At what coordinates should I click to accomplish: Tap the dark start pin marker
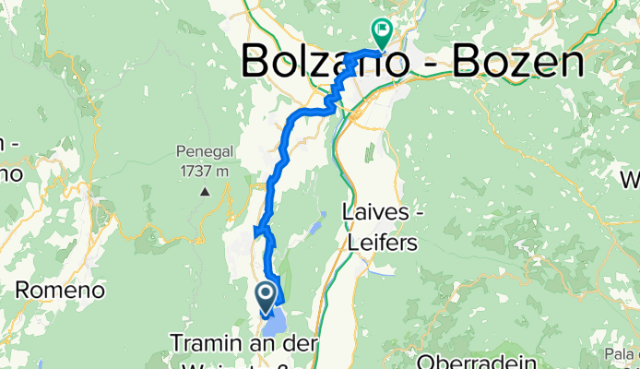[x=267, y=295]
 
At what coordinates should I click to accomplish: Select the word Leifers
[x=381, y=244]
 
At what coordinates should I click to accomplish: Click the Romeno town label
[x=59, y=291]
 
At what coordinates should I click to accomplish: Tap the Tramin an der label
[x=243, y=343]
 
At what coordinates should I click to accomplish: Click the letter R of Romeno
[x=23, y=291]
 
